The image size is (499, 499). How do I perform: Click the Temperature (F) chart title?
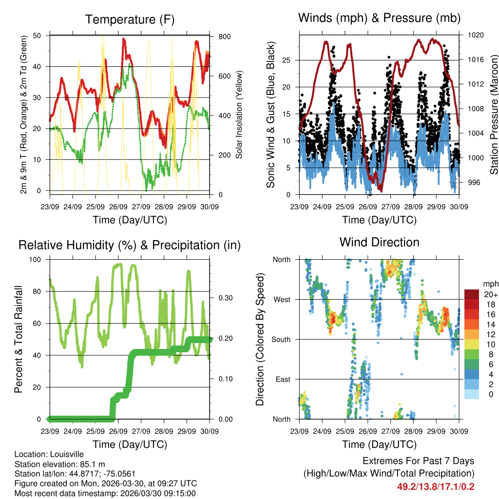point(130,20)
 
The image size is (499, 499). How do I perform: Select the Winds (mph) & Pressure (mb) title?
point(379,19)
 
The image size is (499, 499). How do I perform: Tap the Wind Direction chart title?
point(379,242)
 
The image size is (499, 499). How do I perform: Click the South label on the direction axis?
point(281,339)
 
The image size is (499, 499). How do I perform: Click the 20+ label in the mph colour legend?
point(490,294)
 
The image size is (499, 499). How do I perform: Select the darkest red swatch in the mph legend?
point(471,294)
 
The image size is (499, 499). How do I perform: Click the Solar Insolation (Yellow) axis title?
point(239,115)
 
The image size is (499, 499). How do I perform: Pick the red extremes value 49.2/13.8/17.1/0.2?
point(436,486)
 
